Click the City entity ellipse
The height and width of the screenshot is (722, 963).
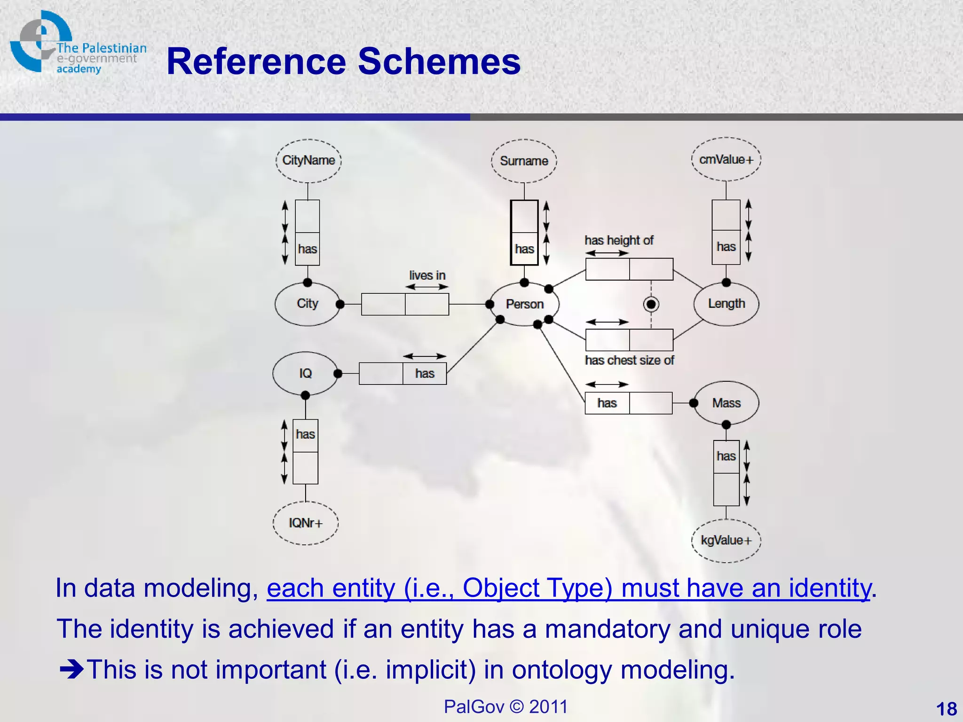308,304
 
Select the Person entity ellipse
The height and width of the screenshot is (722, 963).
524,304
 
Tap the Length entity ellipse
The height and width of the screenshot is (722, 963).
726,304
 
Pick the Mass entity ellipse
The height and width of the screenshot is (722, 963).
726,403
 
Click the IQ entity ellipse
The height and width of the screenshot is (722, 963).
305,373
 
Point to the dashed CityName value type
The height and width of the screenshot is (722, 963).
308,160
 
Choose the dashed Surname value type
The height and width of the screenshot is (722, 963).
524,161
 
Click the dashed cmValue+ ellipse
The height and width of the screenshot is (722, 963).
726,159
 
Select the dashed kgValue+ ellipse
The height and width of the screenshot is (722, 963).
726,541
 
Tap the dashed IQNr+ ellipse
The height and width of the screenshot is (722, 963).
306,523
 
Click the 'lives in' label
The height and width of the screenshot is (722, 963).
427,275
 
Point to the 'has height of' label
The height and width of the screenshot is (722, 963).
619,240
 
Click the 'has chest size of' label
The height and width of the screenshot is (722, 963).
629,361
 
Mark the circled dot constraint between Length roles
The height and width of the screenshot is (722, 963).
651,304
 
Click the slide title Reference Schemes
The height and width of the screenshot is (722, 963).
343,62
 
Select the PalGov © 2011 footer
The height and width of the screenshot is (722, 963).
505,706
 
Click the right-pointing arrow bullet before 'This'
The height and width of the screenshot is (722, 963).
71,669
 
